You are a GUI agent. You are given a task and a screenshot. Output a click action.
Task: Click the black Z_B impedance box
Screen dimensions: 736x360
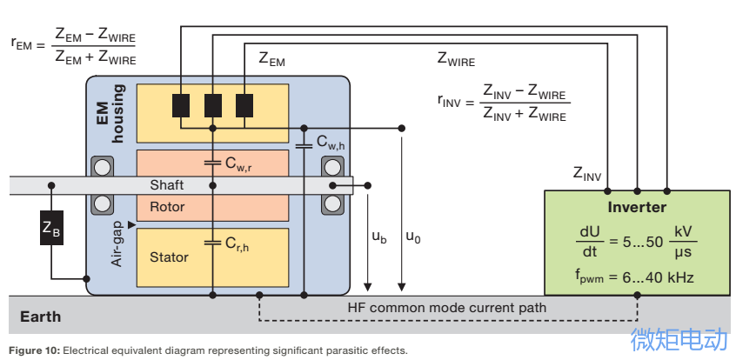(x=51, y=228)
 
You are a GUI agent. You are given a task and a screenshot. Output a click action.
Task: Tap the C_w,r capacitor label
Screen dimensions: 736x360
(x=238, y=163)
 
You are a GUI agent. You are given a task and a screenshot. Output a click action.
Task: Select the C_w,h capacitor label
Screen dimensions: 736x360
(x=331, y=143)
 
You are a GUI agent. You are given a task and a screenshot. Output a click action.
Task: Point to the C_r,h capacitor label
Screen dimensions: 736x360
(x=237, y=244)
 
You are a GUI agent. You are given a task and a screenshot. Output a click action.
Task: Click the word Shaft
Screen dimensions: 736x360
(x=167, y=185)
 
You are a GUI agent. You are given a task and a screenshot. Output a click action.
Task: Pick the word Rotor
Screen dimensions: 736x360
(x=167, y=206)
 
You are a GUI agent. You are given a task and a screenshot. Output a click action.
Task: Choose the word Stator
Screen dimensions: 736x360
(x=169, y=257)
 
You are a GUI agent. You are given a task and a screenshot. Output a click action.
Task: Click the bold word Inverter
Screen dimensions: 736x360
(x=637, y=207)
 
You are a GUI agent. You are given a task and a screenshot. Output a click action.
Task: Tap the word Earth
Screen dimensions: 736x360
(x=40, y=317)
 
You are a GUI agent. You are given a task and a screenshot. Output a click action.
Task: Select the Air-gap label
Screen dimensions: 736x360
(x=117, y=243)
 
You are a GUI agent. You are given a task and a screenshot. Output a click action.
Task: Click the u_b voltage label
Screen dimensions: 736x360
(x=379, y=237)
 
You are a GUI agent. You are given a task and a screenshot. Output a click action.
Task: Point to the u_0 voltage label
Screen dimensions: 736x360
(x=413, y=237)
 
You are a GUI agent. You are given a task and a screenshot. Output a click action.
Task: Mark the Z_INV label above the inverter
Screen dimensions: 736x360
(x=586, y=173)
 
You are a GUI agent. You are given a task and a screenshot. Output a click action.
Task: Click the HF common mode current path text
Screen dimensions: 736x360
(x=447, y=308)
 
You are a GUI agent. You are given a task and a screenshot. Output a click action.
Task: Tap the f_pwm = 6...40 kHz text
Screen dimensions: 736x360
(x=634, y=278)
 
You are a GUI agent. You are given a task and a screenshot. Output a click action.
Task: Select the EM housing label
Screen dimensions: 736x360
(x=110, y=113)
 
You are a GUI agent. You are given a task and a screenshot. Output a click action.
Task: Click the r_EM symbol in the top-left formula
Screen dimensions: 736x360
(x=22, y=44)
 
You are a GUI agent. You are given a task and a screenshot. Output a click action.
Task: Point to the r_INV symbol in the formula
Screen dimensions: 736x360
(x=449, y=101)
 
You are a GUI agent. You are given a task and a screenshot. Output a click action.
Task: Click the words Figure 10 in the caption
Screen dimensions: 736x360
(x=34, y=350)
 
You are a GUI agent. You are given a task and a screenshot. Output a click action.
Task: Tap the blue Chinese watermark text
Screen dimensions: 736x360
(x=679, y=339)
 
